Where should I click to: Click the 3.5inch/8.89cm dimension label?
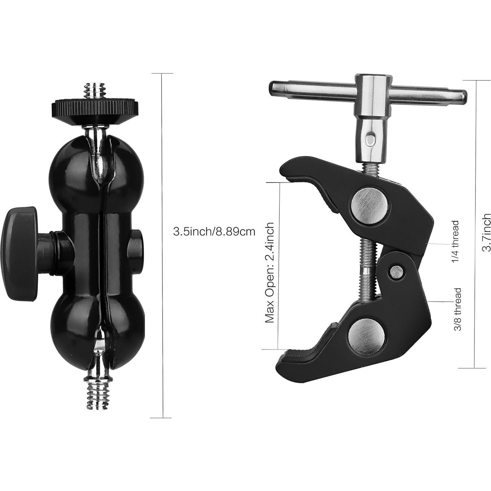tap(214, 232)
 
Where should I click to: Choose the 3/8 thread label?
tap(457, 309)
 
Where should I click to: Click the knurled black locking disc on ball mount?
tap(95, 108)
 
